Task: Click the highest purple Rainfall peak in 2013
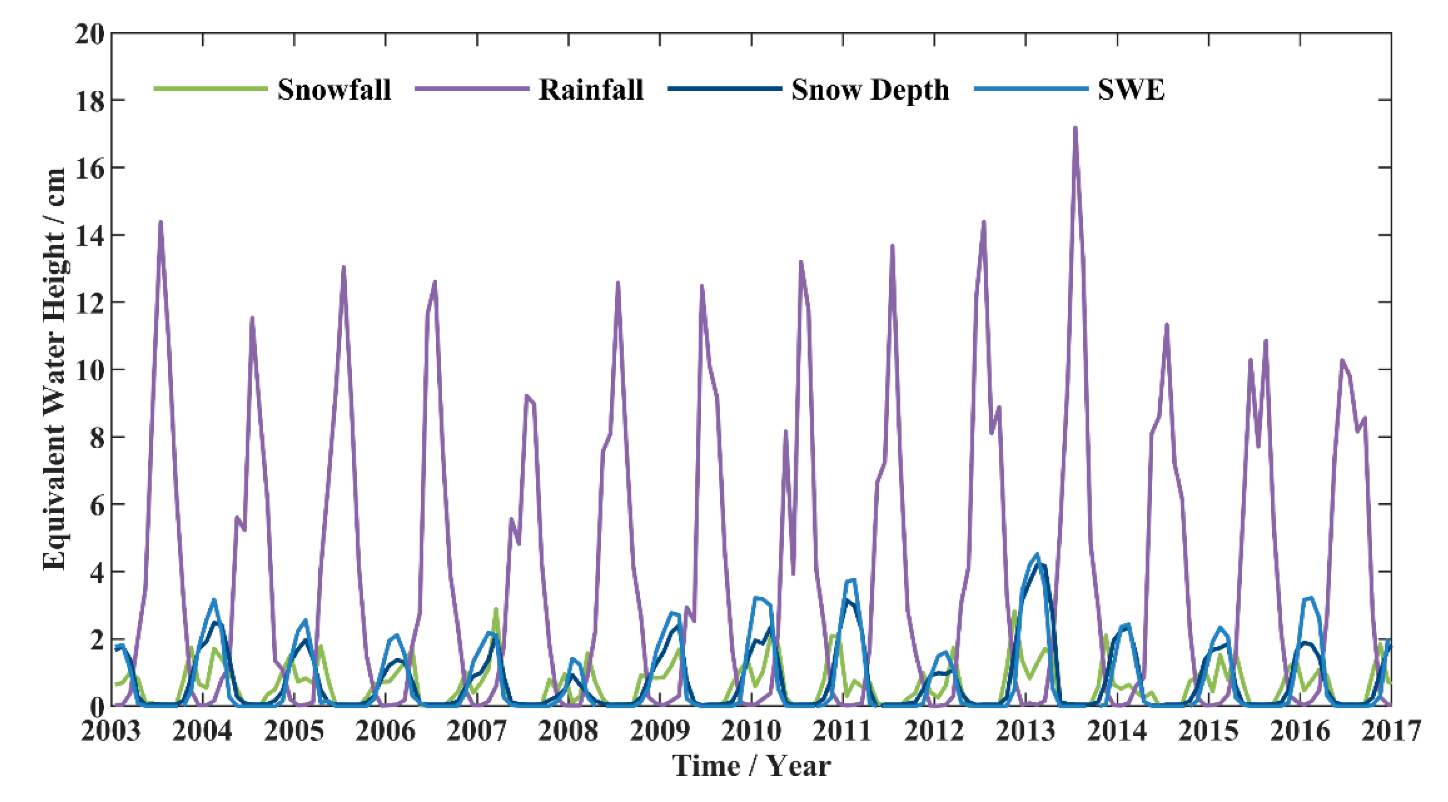pyautogui.click(x=1075, y=128)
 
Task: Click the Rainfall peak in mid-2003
pyautogui.click(x=161, y=222)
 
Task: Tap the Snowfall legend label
pyautogui.click(x=334, y=90)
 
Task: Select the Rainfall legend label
pyautogui.click(x=591, y=90)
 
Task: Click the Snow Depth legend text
pyautogui.click(x=870, y=90)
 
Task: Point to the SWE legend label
pyautogui.click(x=1131, y=90)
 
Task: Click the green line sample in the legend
pyautogui.click(x=210, y=88)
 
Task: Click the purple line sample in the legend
pyautogui.click(x=472, y=88)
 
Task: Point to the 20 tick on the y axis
pyautogui.click(x=90, y=35)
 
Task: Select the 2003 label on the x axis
pyautogui.click(x=111, y=731)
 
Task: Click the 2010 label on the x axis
pyautogui.click(x=751, y=731)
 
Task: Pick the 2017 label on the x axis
pyautogui.click(x=1391, y=731)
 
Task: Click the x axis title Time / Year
pyautogui.click(x=751, y=766)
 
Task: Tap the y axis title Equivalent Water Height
pyautogui.click(x=55, y=368)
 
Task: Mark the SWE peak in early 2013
pyautogui.click(x=1037, y=554)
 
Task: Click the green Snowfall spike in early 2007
pyautogui.click(x=496, y=609)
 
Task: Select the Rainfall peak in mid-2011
pyautogui.click(x=892, y=246)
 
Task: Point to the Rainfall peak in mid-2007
pyautogui.click(x=527, y=395)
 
